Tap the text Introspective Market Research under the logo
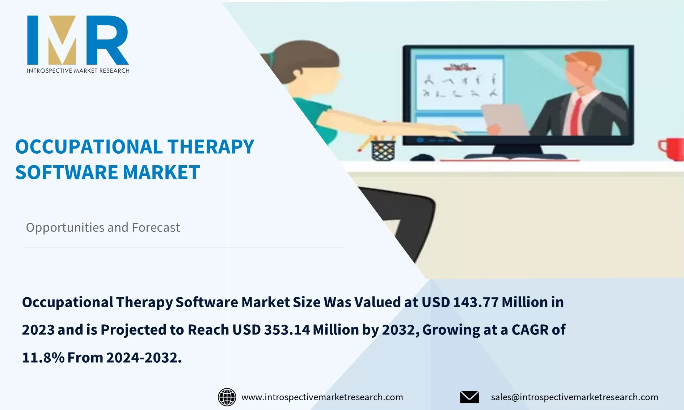[78, 71]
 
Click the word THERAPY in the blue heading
[211, 147]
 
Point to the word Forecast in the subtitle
[156, 227]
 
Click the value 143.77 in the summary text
[476, 302]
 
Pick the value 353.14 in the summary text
[287, 330]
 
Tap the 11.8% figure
[43, 358]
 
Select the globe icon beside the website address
[227, 397]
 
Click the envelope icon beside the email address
[469, 397]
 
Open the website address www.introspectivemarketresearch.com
[322, 397]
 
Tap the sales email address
[574, 397]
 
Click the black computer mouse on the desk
[422, 158]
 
